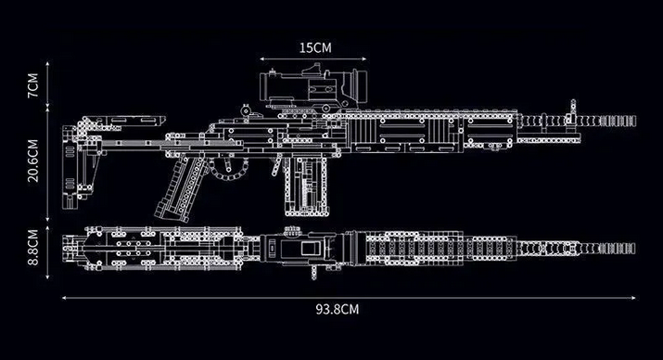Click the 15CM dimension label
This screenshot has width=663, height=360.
click(x=315, y=48)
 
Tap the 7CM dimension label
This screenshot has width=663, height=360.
click(x=33, y=85)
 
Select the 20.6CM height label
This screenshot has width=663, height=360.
click(x=33, y=161)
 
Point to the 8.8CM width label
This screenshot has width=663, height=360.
click(x=33, y=248)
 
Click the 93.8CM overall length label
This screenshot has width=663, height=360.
click(x=337, y=309)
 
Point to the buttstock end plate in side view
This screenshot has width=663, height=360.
click(x=70, y=167)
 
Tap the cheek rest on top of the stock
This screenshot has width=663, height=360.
click(x=125, y=121)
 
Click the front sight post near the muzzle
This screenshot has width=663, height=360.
click(x=572, y=110)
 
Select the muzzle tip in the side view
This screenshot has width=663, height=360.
click(x=633, y=121)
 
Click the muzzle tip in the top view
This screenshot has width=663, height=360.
click(x=633, y=249)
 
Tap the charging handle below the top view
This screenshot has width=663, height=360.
click(x=313, y=273)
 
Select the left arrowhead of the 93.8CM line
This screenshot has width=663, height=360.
click(x=64, y=298)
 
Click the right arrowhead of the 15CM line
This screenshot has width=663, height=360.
click(x=364, y=58)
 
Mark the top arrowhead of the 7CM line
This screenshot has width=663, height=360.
click(x=47, y=64)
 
